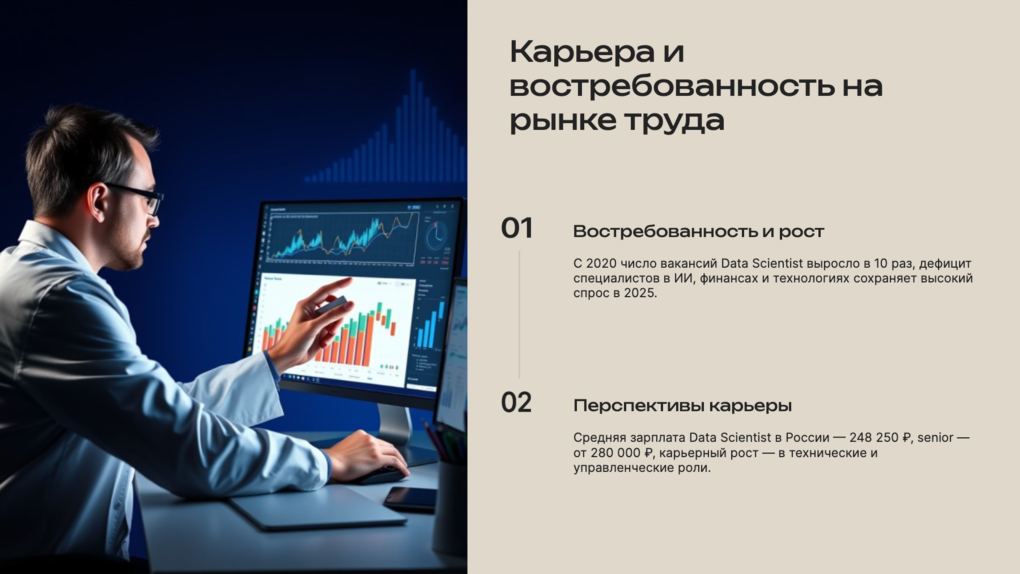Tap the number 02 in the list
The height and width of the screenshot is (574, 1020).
coord(516,403)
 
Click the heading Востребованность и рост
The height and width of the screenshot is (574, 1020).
coord(698,231)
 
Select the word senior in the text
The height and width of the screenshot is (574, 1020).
coord(935,438)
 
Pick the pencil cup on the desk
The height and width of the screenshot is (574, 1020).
coord(449,507)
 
